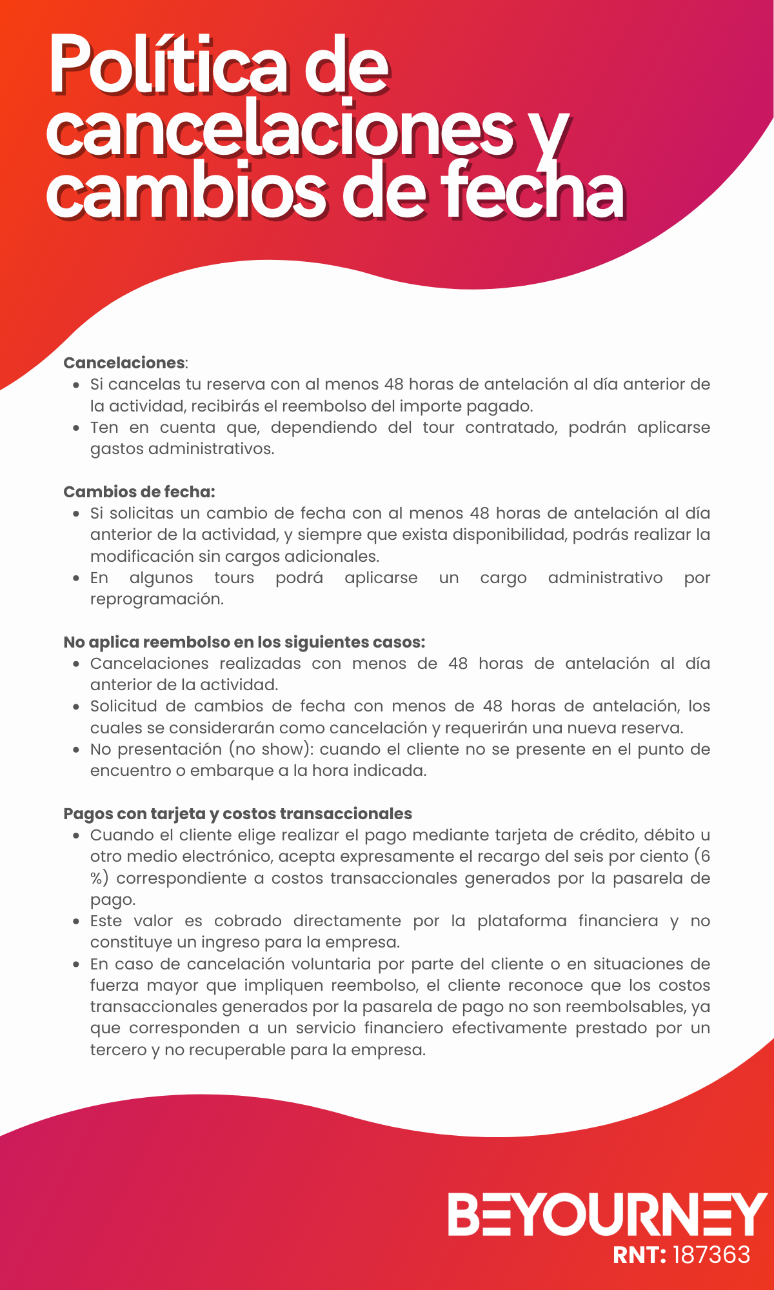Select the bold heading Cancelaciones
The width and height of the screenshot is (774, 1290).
pyautogui.click(x=124, y=362)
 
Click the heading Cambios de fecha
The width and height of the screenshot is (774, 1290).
pyautogui.click(x=139, y=491)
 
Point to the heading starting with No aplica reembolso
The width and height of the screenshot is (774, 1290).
pyautogui.click(x=244, y=642)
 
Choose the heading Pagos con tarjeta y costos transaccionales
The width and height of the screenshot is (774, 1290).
pyautogui.click(x=237, y=813)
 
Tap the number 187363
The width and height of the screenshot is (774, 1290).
pyautogui.click(x=711, y=1255)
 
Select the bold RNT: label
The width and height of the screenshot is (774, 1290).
pyautogui.click(x=639, y=1255)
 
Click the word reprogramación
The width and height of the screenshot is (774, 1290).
pyautogui.click(x=157, y=599)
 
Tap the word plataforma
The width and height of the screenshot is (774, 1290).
pyautogui.click(x=522, y=921)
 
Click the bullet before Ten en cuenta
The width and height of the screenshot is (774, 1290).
pyautogui.click(x=77, y=428)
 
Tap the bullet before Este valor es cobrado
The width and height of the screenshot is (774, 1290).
pyautogui.click(x=77, y=922)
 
